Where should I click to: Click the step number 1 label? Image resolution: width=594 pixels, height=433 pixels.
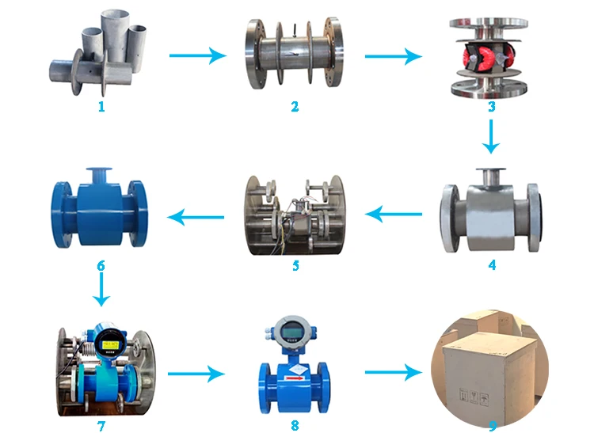click(101, 106)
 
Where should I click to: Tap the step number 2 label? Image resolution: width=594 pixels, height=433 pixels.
click(295, 106)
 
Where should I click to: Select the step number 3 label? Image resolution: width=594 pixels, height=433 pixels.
click(491, 106)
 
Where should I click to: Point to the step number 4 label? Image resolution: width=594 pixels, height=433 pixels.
click(492, 266)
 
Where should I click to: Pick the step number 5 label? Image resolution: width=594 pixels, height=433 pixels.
click(295, 266)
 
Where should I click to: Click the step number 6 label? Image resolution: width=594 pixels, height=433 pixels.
click(101, 266)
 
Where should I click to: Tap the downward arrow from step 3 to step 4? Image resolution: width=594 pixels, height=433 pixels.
click(491, 136)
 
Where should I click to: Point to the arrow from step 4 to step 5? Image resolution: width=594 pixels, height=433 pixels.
click(394, 212)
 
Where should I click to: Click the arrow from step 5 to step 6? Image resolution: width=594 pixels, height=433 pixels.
click(198, 214)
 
